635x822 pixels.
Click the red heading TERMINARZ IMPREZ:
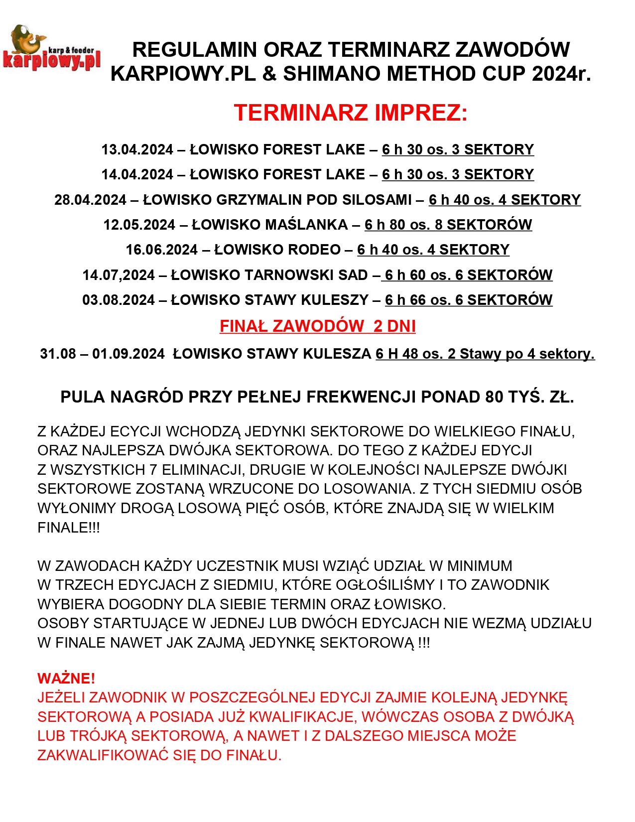click(x=351, y=113)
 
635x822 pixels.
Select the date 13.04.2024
click(x=137, y=150)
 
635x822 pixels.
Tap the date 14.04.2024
click(x=137, y=175)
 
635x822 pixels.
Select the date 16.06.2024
click(x=161, y=250)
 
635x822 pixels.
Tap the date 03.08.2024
click(x=119, y=300)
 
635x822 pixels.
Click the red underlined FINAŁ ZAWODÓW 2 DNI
click(x=317, y=326)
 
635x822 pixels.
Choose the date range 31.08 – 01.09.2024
click(x=102, y=354)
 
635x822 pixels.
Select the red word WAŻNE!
click(x=66, y=679)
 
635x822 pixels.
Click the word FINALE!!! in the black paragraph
click(x=69, y=528)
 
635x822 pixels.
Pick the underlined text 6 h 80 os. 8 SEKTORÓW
click(x=448, y=225)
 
